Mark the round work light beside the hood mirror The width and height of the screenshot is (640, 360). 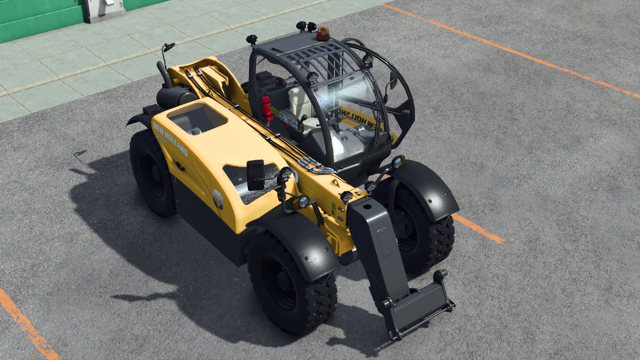[285, 174]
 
